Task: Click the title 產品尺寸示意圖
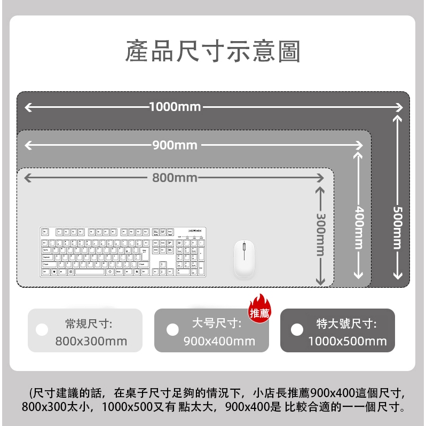[x=212, y=51]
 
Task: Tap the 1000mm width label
[x=175, y=107]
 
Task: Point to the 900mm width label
[x=175, y=145]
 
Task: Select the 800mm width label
[x=175, y=178]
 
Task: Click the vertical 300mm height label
[x=321, y=235]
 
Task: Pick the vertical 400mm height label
[x=359, y=227]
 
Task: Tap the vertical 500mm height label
[x=398, y=227]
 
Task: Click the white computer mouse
[x=244, y=258]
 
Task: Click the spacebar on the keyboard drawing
[x=90, y=272]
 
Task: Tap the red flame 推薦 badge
[x=259, y=309]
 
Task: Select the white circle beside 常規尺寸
[x=42, y=329]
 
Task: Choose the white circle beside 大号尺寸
[x=172, y=329]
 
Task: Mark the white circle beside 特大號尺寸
[x=297, y=329]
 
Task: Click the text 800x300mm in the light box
[x=91, y=341]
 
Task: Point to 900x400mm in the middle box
[x=219, y=341]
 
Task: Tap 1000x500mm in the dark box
[x=348, y=341]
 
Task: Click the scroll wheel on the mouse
[x=244, y=247]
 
